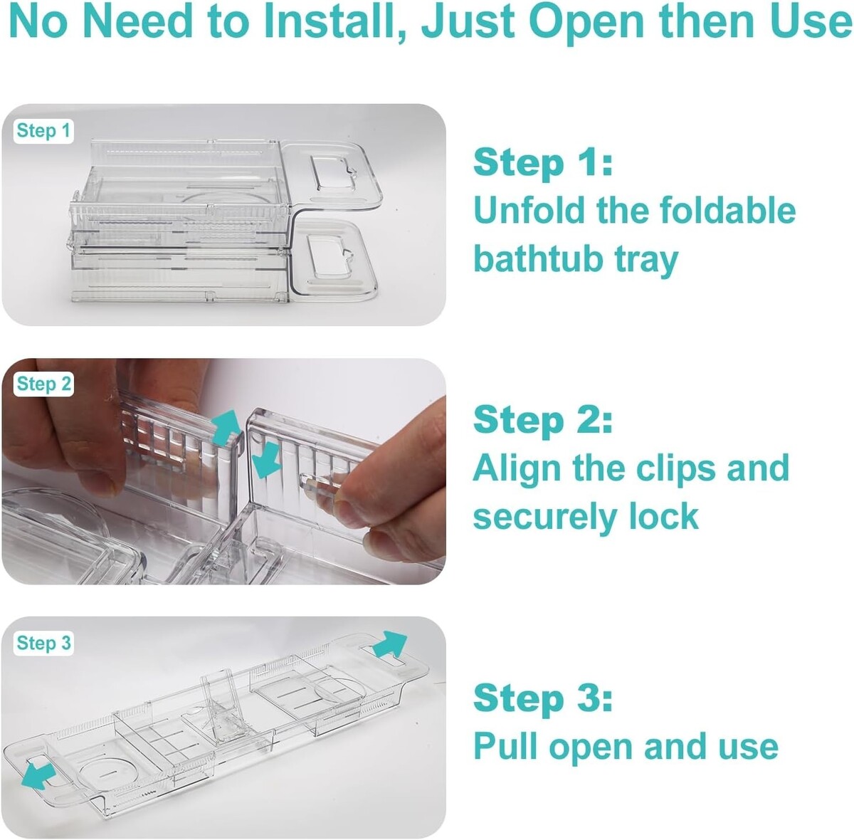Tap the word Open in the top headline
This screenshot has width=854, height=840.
(x=586, y=23)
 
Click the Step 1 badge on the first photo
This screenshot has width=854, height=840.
(x=43, y=131)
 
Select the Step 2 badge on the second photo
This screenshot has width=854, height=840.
(x=43, y=384)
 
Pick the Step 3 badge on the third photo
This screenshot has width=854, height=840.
(x=43, y=643)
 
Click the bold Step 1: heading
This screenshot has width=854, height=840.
(x=542, y=163)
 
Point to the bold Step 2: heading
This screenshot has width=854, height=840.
(x=542, y=419)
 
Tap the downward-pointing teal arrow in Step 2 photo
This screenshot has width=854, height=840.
(x=265, y=461)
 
